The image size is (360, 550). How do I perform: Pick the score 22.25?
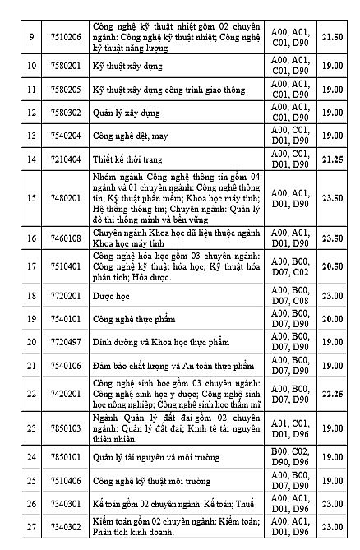[332, 394]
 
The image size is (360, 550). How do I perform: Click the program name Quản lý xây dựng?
[126, 112]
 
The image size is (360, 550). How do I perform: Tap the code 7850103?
[62, 428]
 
